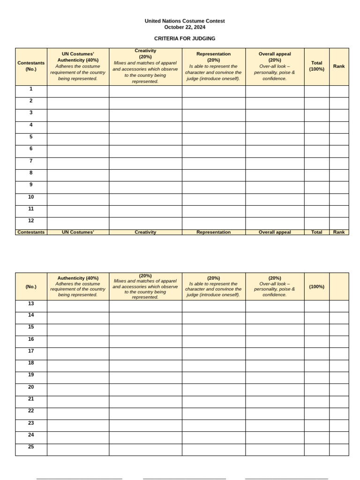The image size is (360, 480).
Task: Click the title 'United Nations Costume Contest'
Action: pos(184,21)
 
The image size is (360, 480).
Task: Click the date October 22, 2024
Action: pos(184,27)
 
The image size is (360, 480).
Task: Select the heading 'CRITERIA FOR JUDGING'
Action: pos(184,38)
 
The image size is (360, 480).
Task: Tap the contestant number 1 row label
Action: pos(31,89)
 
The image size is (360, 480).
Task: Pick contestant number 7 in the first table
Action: pos(31,161)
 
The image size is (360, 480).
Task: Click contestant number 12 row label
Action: pos(31,221)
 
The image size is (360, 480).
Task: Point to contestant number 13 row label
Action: pos(31,303)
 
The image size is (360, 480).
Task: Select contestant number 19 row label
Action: pos(31,375)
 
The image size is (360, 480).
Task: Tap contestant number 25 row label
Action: pos(31,447)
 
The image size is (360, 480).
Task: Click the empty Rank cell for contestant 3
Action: pos(339,115)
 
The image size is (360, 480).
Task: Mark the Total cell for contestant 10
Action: pos(316,199)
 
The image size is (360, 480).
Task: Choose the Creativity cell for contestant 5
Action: pos(145,139)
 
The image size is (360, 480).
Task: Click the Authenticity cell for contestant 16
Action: pos(78,341)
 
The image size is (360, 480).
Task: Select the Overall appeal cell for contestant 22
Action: pos(274,413)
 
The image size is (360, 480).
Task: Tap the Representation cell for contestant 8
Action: pos(213,175)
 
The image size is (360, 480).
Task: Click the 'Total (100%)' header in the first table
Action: pos(316,66)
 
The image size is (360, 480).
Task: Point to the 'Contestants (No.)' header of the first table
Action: pos(31,66)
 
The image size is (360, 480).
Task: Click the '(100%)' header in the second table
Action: pos(316,286)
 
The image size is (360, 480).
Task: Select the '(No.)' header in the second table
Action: pos(31,286)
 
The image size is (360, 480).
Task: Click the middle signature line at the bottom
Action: pos(184,479)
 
